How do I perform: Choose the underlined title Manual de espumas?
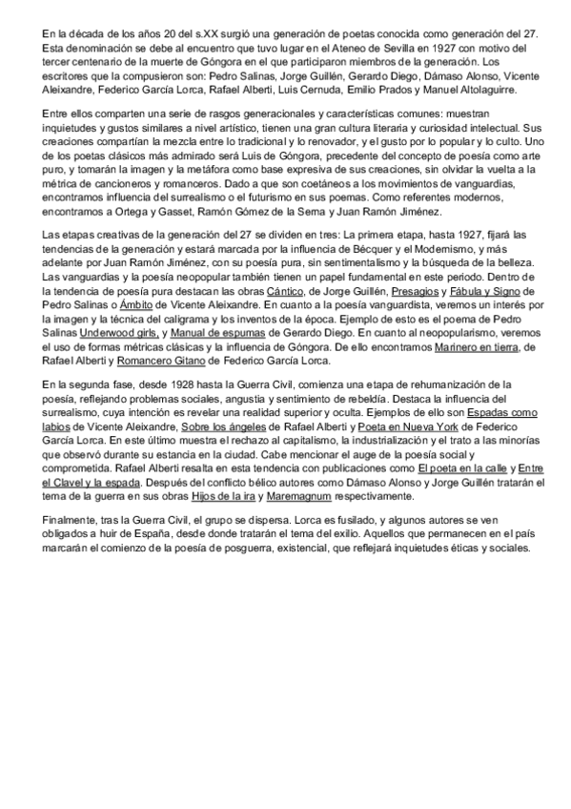click(x=218, y=336)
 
